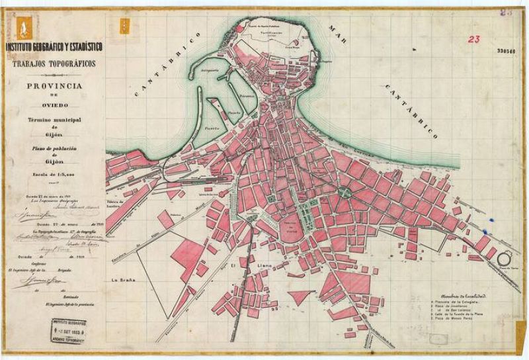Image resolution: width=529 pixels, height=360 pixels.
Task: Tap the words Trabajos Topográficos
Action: coord(53,63)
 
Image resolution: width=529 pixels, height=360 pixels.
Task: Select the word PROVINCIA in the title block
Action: coord(54,87)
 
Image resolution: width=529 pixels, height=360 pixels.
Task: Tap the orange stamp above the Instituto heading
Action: coord(122,27)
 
